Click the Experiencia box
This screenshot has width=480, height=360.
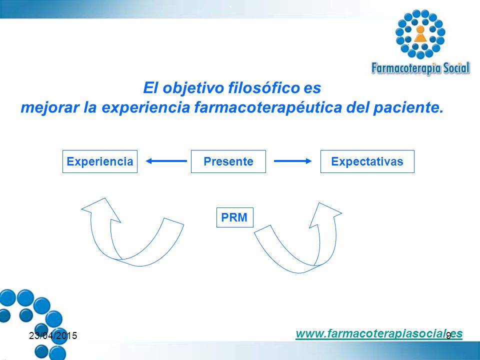100,161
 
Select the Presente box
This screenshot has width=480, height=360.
228,161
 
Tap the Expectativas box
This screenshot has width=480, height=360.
367,161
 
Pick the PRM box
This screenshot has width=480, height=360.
235,217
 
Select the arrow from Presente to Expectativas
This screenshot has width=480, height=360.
292,161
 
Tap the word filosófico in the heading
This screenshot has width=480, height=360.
264,88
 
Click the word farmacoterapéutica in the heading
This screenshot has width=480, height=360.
268,107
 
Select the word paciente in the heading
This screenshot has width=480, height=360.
408,107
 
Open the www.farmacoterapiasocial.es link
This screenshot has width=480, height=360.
379,333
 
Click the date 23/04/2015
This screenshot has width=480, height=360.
53,336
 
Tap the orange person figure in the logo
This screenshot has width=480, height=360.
420,33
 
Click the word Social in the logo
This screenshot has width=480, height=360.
456,68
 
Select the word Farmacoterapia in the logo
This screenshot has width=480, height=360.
406,68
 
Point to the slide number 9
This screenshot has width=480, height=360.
448,335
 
